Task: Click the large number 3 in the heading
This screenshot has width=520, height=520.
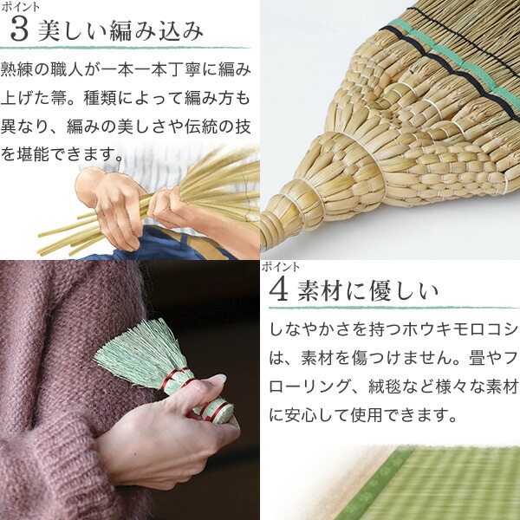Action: point(19,29)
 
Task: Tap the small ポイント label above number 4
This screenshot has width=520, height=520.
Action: point(281,267)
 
